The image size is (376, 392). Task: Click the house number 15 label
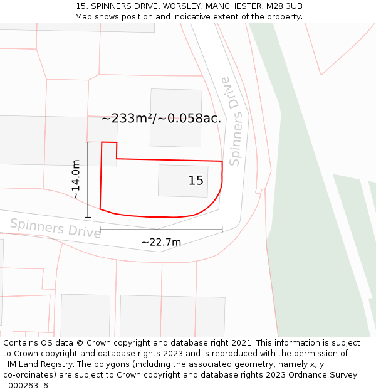click(196, 181)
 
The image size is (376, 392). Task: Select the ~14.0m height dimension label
click(76, 179)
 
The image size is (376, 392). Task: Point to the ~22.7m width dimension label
click(161, 242)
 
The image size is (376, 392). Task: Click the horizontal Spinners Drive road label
click(55, 228)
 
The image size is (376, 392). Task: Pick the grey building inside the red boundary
click(182, 180)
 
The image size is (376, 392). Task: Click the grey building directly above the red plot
click(175, 117)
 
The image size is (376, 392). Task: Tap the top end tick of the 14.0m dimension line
click(88, 142)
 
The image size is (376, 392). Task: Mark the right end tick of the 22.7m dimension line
click(222, 230)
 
